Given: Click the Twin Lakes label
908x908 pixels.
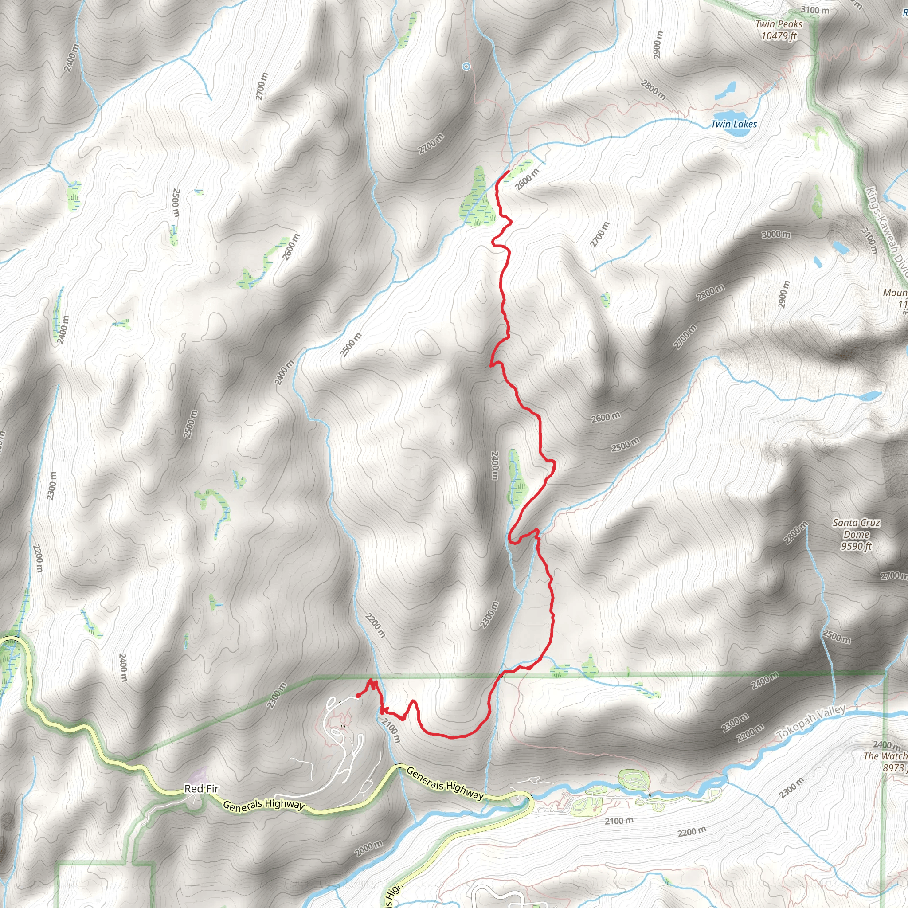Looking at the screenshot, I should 734,124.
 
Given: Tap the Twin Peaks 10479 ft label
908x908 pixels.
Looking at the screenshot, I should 779,30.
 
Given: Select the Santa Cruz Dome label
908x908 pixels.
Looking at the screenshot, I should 856,534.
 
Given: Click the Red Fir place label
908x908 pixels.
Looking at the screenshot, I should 201,789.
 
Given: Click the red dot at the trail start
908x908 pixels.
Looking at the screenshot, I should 358,696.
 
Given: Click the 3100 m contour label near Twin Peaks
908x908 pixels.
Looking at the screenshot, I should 815,10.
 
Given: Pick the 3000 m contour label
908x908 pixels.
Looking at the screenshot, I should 776,234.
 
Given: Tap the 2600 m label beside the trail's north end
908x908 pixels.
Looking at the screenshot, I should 527,179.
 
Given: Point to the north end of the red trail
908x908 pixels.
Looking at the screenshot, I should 509,171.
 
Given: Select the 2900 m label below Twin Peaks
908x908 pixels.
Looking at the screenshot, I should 658,45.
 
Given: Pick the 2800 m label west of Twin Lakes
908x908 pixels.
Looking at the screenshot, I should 653,90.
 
